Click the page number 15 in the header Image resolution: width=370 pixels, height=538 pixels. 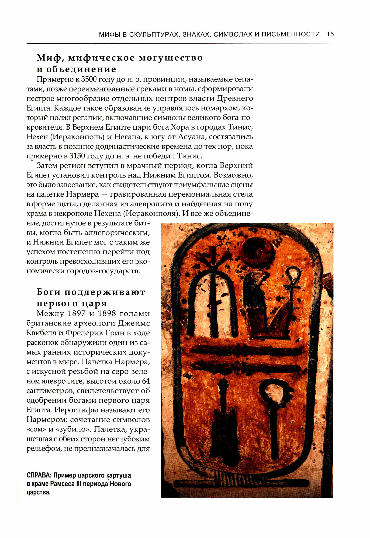coord(330,34)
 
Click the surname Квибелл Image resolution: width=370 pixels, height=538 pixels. coord(42,333)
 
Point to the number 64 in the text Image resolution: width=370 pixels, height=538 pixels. coord(146,381)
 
